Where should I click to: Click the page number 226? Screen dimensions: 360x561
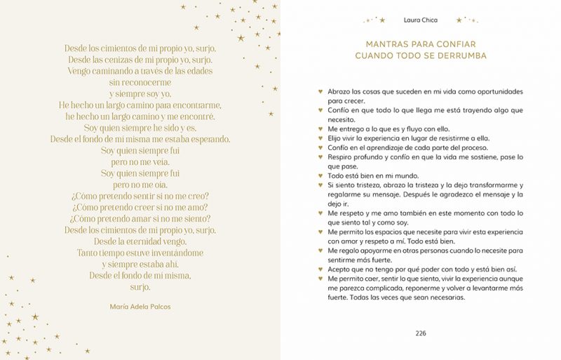[421, 333]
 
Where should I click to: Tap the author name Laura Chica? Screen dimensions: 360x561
[421, 20]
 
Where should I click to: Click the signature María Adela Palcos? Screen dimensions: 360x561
[140, 306]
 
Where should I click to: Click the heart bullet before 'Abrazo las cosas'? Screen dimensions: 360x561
[320, 92]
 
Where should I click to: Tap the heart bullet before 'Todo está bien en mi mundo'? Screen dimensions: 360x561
[320, 175]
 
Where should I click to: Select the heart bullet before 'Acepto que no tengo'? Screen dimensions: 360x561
[320, 269]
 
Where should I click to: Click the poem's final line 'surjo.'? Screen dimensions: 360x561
[140, 287]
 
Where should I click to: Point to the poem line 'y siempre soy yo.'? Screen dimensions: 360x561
[140, 93]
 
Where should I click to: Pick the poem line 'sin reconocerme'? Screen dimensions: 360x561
[140, 82]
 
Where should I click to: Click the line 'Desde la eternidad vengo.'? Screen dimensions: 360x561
[140, 241]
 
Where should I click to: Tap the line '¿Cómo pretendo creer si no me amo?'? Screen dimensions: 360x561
[140, 206]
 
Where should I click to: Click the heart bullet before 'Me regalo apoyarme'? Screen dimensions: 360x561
[320, 250]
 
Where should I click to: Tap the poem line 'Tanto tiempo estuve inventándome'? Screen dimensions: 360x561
[140, 253]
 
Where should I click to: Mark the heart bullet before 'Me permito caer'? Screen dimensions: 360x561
[320, 278]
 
